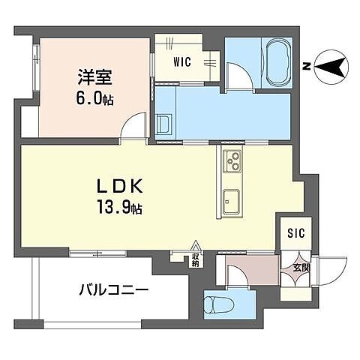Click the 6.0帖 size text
[94, 98]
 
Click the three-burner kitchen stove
[231, 160]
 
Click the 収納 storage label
[195, 260]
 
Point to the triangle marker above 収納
[195, 245]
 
